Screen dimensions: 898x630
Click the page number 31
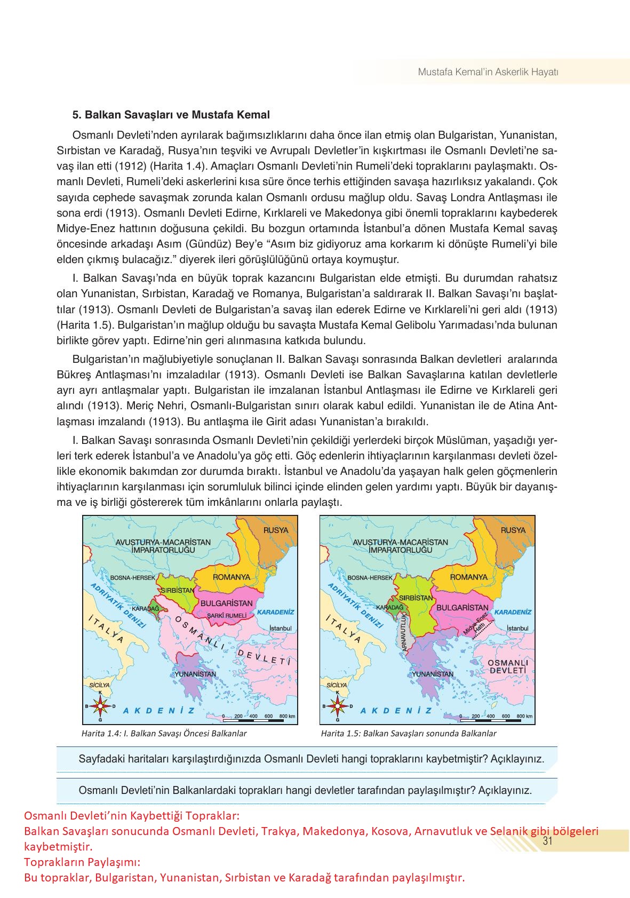pos(546,841)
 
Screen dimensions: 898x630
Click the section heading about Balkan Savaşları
pos(171,115)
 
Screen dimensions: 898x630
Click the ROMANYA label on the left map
pos(232,577)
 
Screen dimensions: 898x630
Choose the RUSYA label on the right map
pos(513,530)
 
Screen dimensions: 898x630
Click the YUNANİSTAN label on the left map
pos(195,674)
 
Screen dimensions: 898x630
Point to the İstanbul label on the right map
pos(517,629)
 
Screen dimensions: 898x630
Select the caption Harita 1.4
pos(164,733)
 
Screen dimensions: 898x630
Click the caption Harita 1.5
pos(408,733)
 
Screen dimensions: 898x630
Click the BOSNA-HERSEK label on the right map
pos(370,577)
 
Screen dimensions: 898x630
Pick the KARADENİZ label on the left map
pos(275,612)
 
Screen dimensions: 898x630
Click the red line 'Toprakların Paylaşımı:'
pos(82,862)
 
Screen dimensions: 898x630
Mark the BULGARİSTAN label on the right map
pos(462,607)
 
